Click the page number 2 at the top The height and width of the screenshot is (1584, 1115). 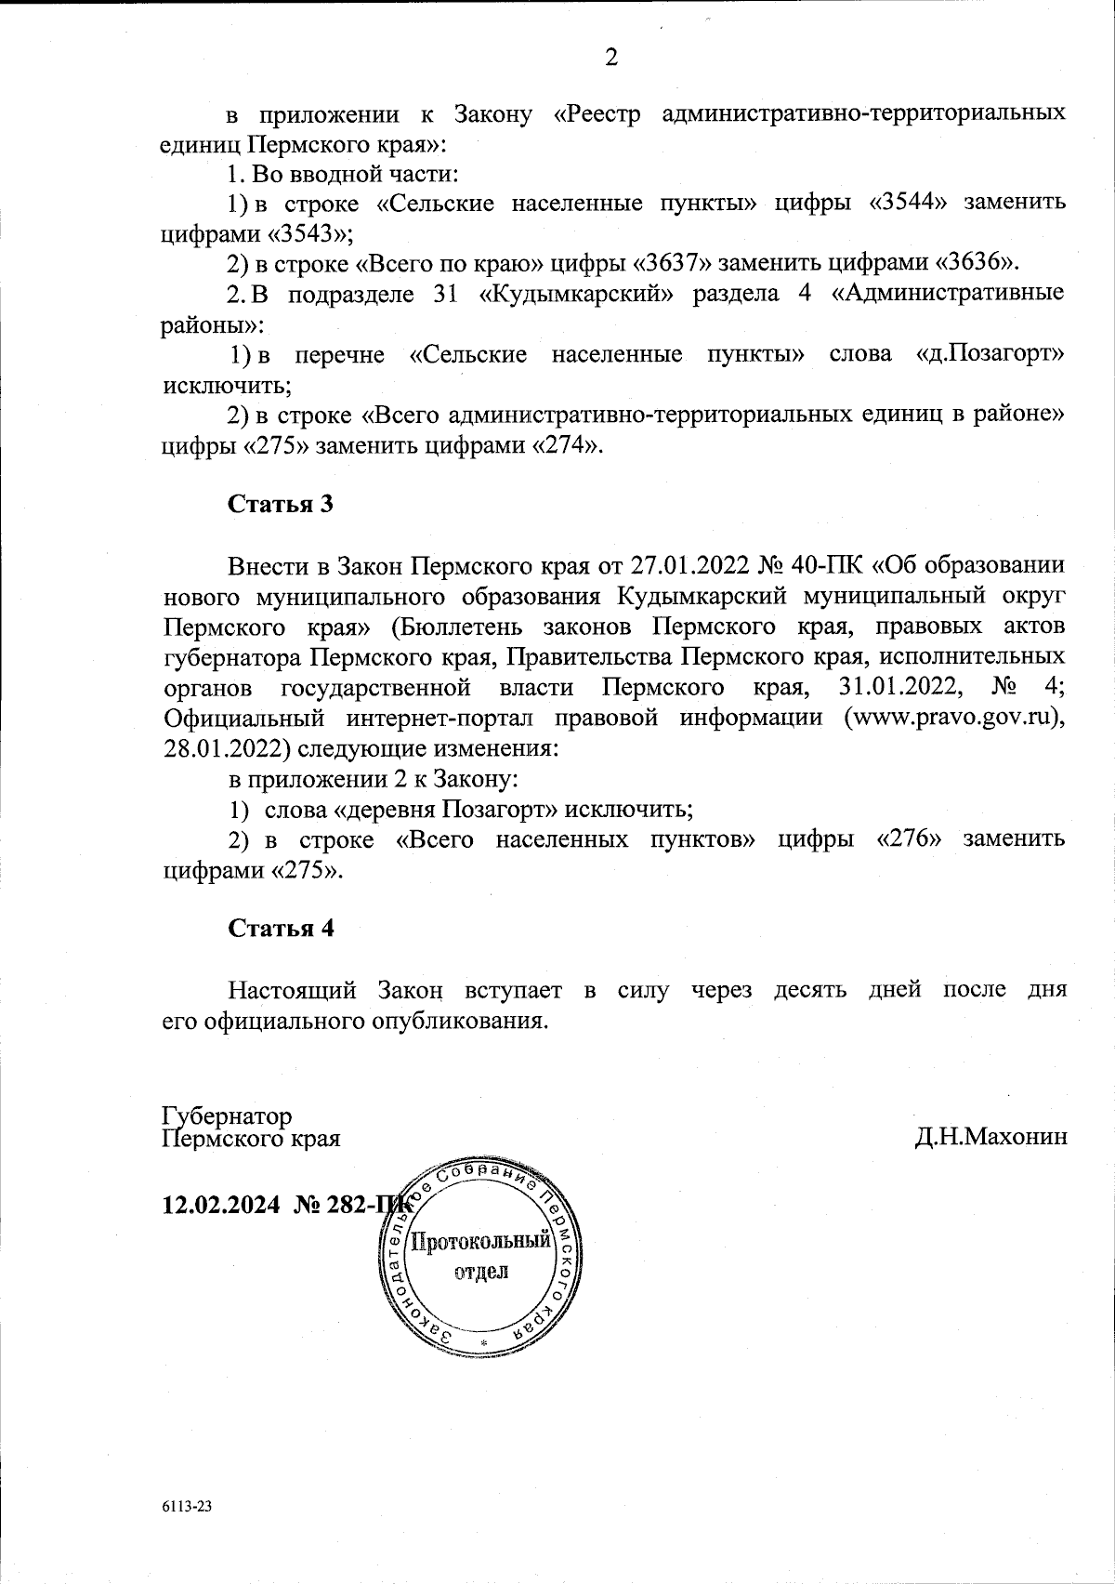coord(610,58)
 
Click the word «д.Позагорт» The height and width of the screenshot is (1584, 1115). coord(990,353)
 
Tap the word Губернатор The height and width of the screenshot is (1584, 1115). coord(227,1115)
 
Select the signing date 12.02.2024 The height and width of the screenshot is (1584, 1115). coord(221,1205)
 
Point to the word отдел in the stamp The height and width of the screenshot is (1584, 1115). coord(481,1271)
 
